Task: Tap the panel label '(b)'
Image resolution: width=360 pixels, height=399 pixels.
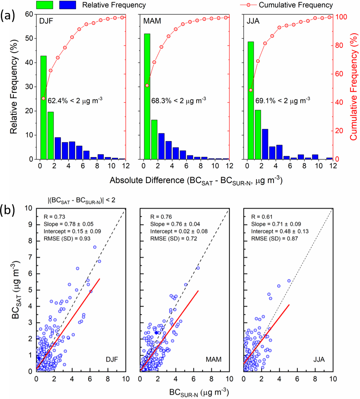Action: click(9, 210)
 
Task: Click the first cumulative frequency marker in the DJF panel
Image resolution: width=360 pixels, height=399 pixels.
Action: click(43, 98)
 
